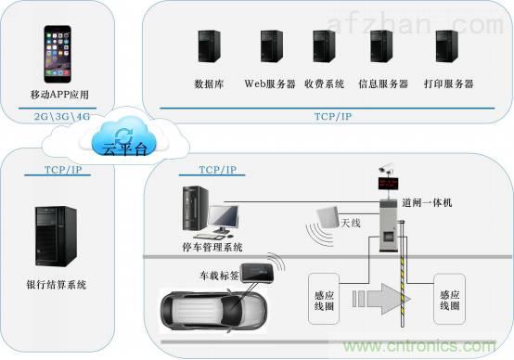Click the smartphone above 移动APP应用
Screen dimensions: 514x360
click(x=58, y=54)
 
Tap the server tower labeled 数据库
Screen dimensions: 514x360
click(x=209, y=46)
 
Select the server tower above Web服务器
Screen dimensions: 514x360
click(x=272, y=46)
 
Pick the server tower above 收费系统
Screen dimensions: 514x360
click(x=324, y=46)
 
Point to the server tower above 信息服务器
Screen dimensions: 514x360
click(x=381, y=46)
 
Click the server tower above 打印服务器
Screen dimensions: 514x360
click(x=447, y=46)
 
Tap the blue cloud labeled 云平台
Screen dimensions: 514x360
click(x=124, y=137)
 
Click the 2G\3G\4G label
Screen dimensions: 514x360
click(x=62, y=116)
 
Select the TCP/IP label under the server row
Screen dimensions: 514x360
click(x=333, y=116)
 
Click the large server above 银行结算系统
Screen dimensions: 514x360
click(x=56, y=236)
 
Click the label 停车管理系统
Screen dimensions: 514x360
click(x=212, y=247)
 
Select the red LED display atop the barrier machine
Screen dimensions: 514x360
click(x=388, y=184)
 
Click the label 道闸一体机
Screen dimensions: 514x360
click(x=427, y=202)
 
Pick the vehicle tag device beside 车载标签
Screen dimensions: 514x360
click(x=257, y=272)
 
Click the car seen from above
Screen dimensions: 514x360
click(x=213, y=311)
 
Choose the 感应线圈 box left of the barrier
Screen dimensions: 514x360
click(x=324, y=299)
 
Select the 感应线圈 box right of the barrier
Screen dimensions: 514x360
click(x=449, y=299)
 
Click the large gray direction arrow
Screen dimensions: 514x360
click(x=382, y=299)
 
